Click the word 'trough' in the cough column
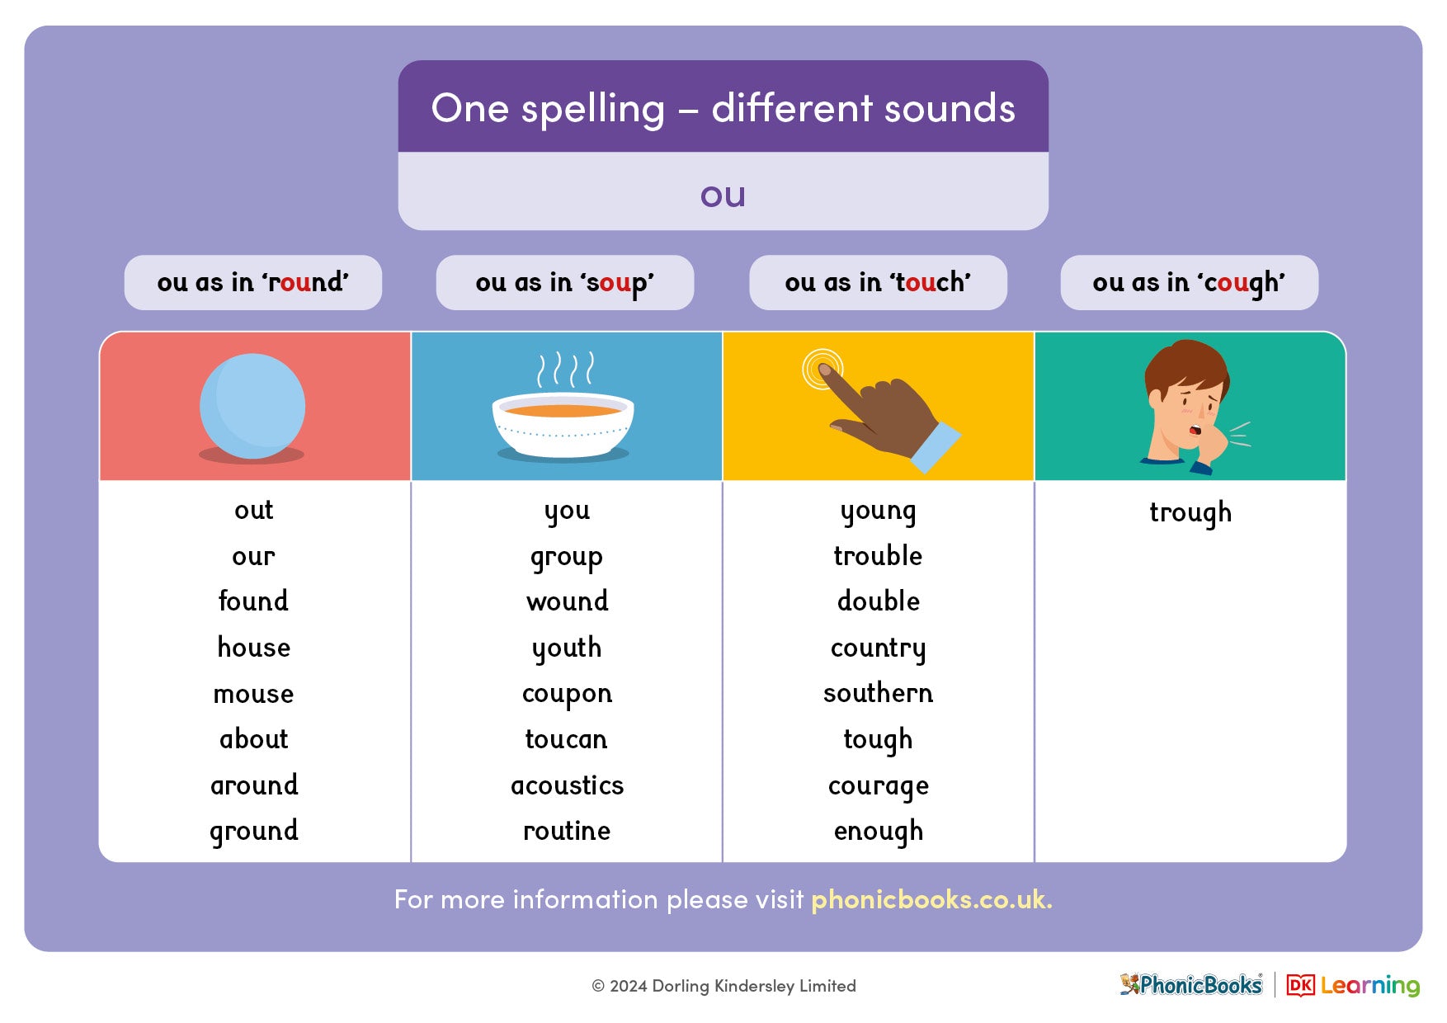[1190, 513]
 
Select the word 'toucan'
[566, 740]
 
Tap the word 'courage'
[878, 786]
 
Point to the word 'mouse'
[253, 695]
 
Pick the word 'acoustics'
[567, 785]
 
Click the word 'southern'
[878, 694]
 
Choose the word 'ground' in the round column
[253, 832]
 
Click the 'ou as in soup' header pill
[564, 283]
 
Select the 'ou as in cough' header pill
[1189, 283]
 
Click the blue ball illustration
[252, 406]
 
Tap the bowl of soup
[563, 424]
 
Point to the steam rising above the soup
[565, 369]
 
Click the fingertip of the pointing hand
[824, 370]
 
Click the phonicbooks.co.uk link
[931, 899]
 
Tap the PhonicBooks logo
[1191, 985]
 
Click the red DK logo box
[1300, 985]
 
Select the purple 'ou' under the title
[723, 196]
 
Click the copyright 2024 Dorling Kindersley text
[723, 986]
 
